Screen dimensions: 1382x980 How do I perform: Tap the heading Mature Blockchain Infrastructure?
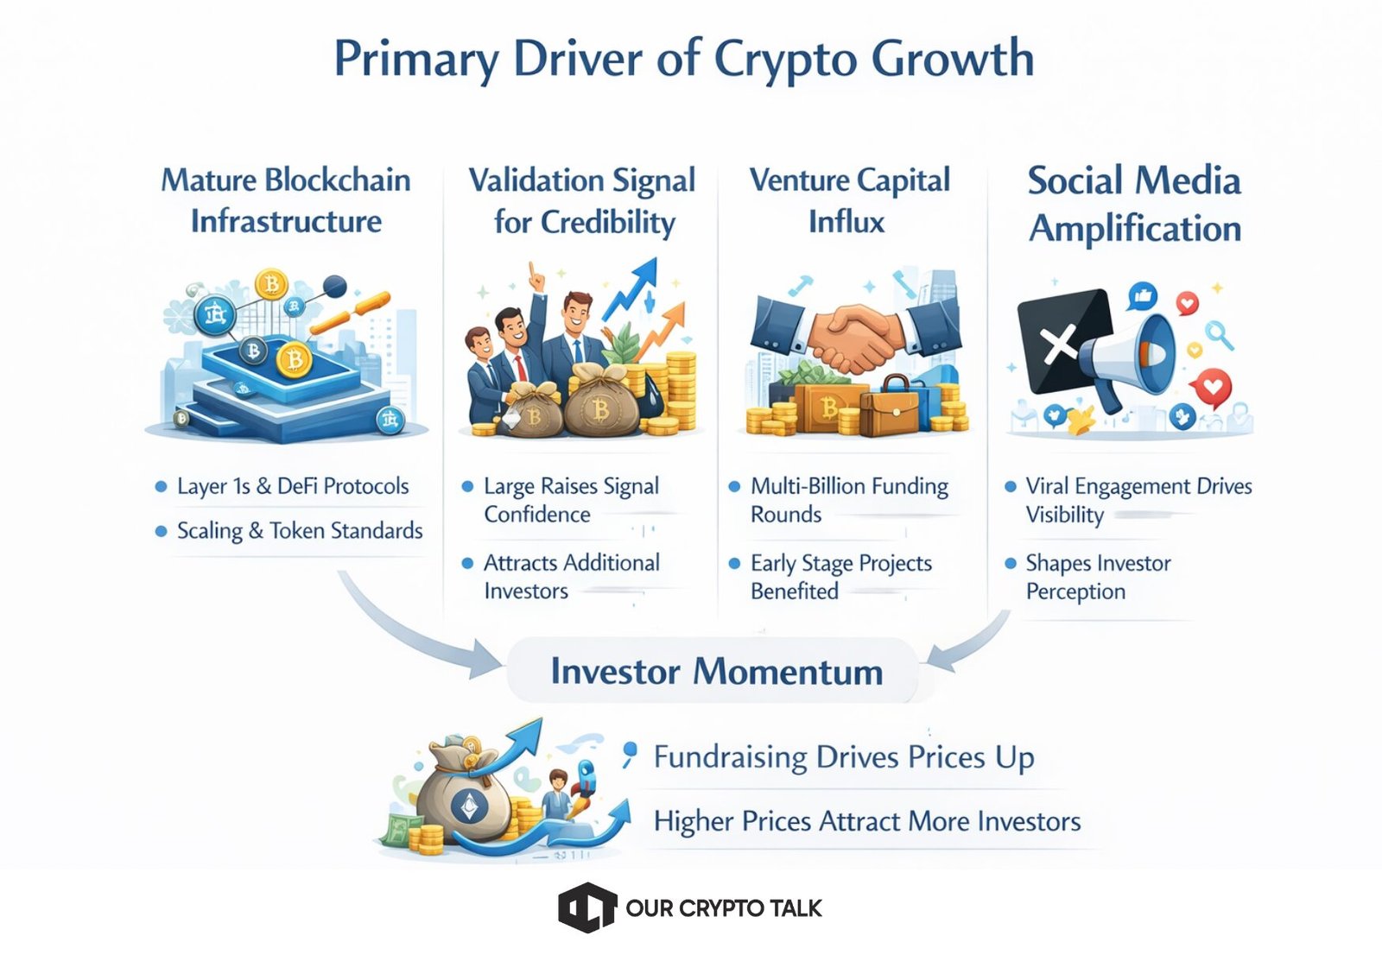[x=286, y=201]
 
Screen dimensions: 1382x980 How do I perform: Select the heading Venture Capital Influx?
[x=850, y=201]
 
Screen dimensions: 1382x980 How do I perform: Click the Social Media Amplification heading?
[x=1135, y=205]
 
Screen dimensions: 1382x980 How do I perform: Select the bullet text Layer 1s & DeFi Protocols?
[x=293, y=486]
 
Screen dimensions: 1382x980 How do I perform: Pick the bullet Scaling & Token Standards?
[x=300, y=531]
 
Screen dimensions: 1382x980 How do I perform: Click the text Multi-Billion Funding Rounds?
[x=849, y=500]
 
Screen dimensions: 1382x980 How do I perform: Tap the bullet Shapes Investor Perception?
[x=1098, y=578]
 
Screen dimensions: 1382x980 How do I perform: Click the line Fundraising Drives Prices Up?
[x=844, y=757]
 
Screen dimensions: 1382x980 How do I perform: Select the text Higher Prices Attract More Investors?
[x=867, y=821]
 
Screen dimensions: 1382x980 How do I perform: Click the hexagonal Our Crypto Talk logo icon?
[x=587, y=907]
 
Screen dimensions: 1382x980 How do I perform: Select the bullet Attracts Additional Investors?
[x=571, y=577]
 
